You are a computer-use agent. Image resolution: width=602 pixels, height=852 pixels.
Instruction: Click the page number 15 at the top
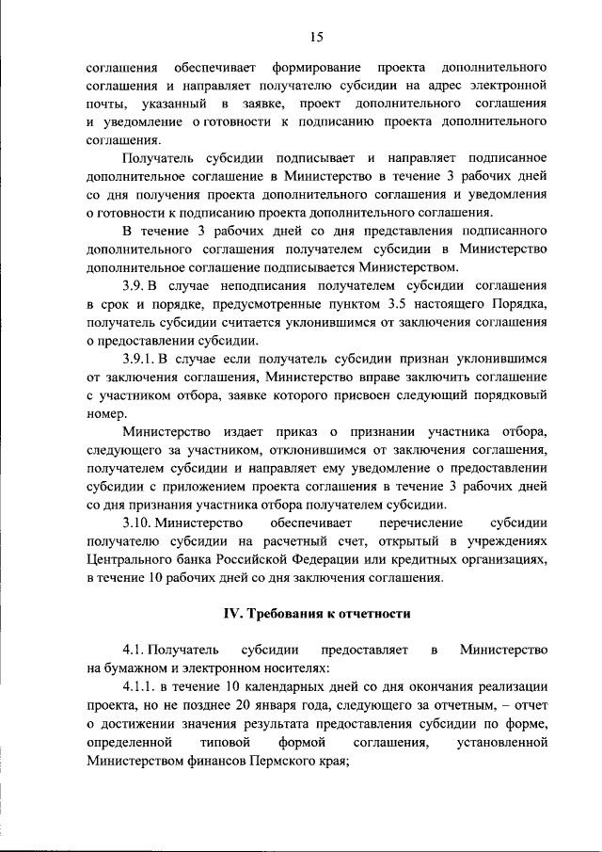[315, 37]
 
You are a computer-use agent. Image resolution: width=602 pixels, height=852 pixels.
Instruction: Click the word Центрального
[130, 559]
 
